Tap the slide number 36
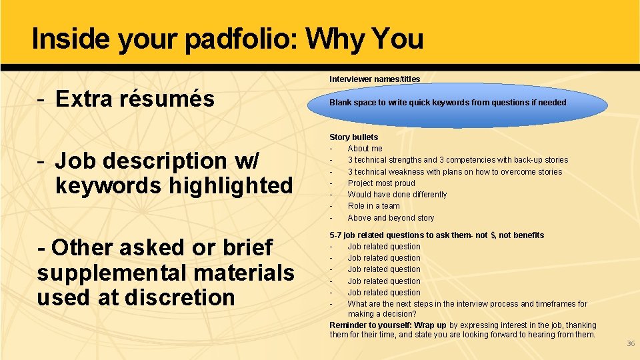click(631, 343)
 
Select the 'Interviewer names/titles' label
click(375, 79)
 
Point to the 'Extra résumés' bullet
click(135, 99)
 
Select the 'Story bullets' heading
click(353, 137)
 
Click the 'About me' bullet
click(365, 149)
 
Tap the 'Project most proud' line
click(381, 183)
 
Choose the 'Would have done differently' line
click(397, 195)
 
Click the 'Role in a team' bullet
click(373, 206)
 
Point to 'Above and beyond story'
click(391, 218)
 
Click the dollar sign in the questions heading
click(493, 235)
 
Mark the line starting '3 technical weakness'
click(455, 172)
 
